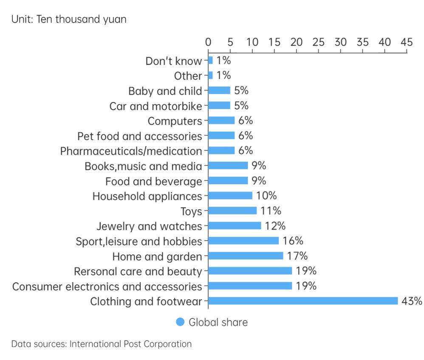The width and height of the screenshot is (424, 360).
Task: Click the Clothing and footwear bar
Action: click(x=303, y=301)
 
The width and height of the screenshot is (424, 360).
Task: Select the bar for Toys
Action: click(x=232, y=211)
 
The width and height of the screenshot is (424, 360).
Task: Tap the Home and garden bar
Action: click(x=246, y=256)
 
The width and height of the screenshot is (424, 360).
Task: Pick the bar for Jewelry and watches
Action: click(x=235, y=225)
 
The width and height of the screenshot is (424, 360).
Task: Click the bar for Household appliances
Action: click(x=230, y=196)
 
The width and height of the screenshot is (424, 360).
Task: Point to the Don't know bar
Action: click(x=210, y=61)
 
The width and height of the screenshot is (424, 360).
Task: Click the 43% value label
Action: click(x=412, y=301)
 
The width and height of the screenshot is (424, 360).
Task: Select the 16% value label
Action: click(x=293, y=241)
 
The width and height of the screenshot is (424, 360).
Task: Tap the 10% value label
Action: click(x=266, y=196)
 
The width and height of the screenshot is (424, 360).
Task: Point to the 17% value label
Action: click(x=297, y=256)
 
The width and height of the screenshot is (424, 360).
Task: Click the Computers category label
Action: click(x=175, y=121)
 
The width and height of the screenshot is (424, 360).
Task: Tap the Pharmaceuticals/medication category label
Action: click(x=131, y=151)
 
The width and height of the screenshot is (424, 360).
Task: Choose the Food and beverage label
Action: click(x=153, y=181)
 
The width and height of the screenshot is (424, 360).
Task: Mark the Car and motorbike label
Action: click(x=155, y=106)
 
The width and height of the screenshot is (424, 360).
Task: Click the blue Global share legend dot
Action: click(x=180, y=322)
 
